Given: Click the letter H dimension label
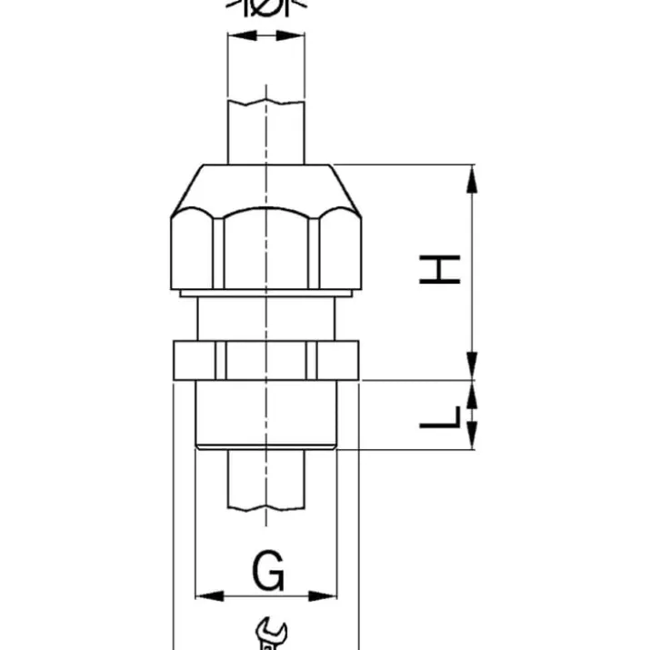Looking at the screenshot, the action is [439, 269].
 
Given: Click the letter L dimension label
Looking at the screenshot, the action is [440, 417].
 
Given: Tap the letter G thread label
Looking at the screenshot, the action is [268, 570].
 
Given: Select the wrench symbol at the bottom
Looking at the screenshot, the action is [271, 635].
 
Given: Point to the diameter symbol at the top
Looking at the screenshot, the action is [266, 7].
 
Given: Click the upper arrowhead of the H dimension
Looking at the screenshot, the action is [472, 179].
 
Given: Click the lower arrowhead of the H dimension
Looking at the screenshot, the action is [472, 365].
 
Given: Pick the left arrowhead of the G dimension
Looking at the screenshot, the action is [210, 596].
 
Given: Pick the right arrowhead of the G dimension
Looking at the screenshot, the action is [323, 596].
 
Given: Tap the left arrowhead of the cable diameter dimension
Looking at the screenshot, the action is [243, 35].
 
